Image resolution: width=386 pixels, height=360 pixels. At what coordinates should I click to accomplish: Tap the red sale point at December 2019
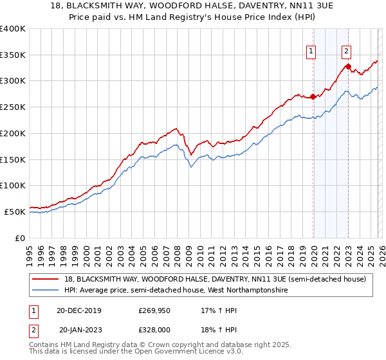pos(313,97)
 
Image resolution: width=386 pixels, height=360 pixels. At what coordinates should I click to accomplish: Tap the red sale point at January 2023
pos(348,66)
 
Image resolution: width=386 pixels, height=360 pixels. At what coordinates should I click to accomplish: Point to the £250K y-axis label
pos(13,107)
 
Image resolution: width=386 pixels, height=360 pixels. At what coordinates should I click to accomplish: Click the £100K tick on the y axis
pos(13,185)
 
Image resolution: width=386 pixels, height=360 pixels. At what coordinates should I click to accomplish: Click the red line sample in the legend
pos(46,279)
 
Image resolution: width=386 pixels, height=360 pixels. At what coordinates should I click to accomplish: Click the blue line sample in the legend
pos(46,291)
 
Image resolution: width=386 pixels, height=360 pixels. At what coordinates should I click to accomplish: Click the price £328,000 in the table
pos(155,329)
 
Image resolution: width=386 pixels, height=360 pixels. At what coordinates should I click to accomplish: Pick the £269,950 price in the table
pos(155,310)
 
